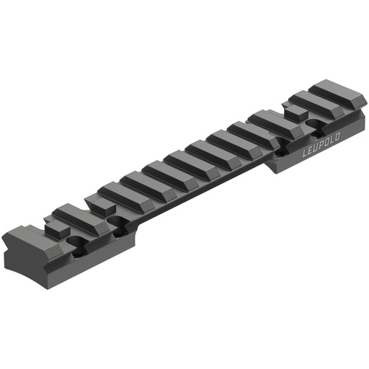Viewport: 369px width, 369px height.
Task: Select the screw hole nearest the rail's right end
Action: [314, 125]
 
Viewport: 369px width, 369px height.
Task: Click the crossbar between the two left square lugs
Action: [72, 214]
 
